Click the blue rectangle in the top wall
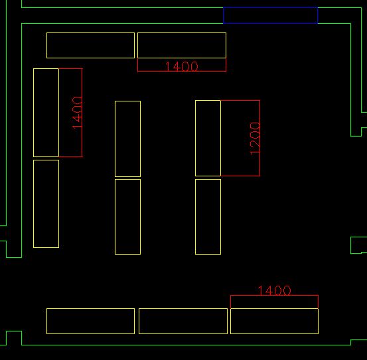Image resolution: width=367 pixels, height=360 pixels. (270, 8)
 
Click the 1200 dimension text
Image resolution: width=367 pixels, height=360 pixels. (255, 139)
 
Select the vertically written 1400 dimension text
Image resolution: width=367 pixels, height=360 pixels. (77, 113)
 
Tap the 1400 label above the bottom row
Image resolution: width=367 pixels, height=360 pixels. (274, 290)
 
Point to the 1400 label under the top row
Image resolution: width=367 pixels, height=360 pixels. (182, 66)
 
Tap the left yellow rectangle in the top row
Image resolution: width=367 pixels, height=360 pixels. (90, 33)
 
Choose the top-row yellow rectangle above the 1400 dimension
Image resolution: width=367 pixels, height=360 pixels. (182, 33)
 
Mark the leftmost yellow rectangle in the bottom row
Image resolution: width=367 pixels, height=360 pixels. (90, 308)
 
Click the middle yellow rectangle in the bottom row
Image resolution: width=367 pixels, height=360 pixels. (183, 308)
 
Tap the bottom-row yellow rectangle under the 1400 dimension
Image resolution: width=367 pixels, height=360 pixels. (274, 308)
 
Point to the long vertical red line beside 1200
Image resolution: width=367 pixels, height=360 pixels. (259, 138)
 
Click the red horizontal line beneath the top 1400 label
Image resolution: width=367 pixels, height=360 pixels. (182, 71)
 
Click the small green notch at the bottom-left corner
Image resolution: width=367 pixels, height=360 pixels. (14, 331)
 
